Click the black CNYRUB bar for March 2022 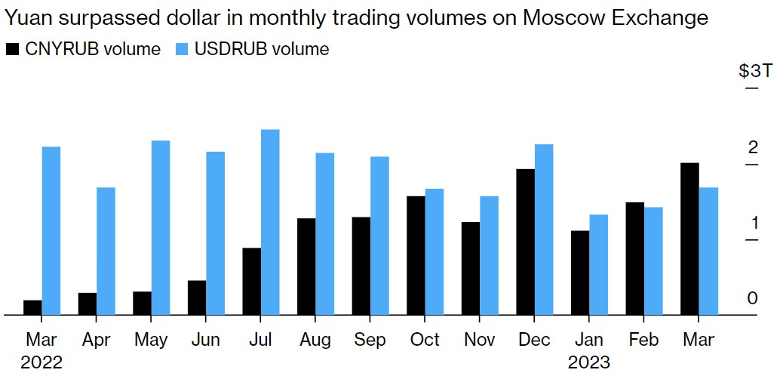(32, 307)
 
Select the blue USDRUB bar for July (270, 222)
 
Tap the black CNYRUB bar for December (526, 242)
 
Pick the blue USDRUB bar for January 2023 (598, 264)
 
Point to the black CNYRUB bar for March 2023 (689, 239)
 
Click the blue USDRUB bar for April (106, 251)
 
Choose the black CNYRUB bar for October (416, 255)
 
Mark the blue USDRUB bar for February (653, 260)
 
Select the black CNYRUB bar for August (306, 267)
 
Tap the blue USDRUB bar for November (489, 255)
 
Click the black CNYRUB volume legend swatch (12, 50)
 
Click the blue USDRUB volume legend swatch (183, 50)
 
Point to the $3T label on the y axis (755, 72)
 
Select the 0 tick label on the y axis (752, 299)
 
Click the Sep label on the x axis (370, 340)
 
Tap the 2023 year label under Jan (589, 362)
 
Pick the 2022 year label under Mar (41, 362)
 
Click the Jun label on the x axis (206, 340)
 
